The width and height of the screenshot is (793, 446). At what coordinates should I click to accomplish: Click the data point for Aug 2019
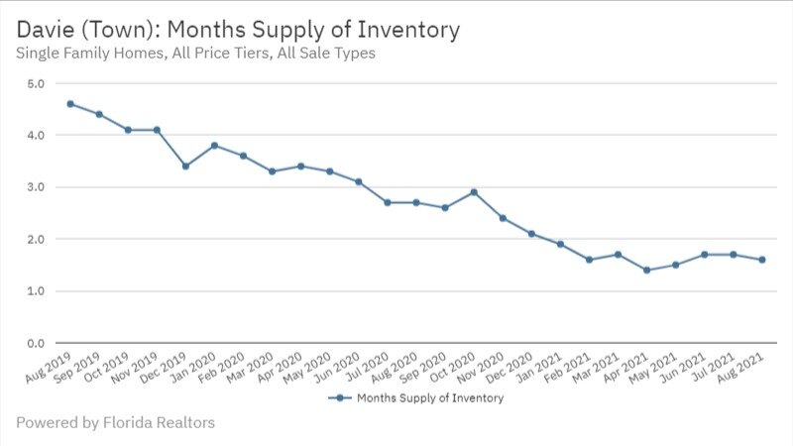(70, 103)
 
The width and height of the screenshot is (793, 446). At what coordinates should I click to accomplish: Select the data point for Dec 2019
(185, 166)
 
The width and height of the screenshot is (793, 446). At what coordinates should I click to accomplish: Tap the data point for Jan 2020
(214, 145)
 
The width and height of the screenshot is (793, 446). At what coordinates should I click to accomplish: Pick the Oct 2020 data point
(474, 191)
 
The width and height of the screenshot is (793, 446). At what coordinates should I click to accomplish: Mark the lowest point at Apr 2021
(646, 270)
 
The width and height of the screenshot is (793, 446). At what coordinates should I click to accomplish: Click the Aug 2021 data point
(762, 260)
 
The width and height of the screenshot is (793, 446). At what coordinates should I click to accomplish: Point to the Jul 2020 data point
(388, 202)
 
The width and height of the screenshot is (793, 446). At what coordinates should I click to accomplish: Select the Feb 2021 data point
(589, 260)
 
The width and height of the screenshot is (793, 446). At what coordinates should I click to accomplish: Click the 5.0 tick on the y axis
(36, 83)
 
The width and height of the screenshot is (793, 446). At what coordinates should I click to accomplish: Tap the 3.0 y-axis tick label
(36, 187)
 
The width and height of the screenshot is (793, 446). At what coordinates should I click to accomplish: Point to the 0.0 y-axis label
(36, 343)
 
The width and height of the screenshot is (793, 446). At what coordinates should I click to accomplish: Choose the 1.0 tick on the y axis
(36, 291)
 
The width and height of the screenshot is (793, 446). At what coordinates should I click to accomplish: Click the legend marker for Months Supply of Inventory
(339, 398)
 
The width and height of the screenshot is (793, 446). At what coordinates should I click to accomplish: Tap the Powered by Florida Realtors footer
(115, 423)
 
